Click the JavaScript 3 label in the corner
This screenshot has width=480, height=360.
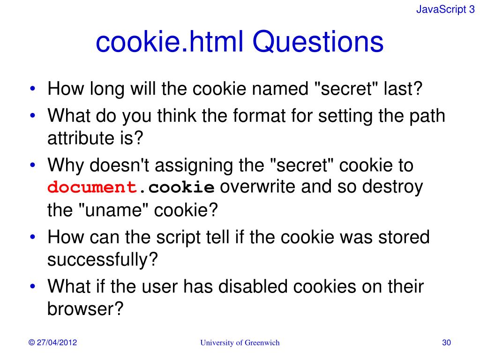[445, 10]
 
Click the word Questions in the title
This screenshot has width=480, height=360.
[319, 43]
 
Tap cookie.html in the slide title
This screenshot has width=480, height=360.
[169, 43]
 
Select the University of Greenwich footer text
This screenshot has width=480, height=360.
[240, 343]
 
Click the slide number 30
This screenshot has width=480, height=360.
[446, 343]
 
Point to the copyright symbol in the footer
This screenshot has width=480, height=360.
[32, 343]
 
